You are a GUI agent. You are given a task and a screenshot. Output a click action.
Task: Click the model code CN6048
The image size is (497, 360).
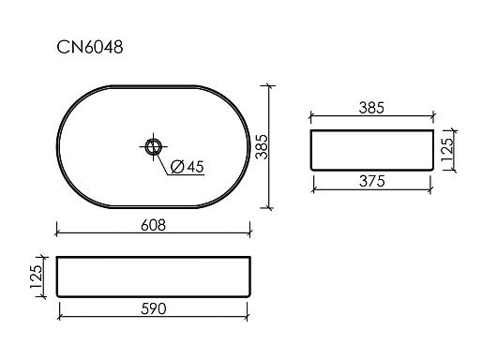tap(90, 48)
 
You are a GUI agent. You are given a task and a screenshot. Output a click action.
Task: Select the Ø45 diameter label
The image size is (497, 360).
tap(188, 167)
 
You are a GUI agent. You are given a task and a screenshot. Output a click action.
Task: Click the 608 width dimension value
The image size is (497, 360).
tap(153, 225)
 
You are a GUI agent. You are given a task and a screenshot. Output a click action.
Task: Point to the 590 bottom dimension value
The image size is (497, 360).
tap(154, 309)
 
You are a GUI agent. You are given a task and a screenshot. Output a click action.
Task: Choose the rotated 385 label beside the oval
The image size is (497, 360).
tap(263, 147)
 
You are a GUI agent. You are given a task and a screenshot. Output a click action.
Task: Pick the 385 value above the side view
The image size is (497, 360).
tap(371, 108)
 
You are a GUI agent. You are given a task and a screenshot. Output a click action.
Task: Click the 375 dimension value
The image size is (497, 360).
tap(372, 181)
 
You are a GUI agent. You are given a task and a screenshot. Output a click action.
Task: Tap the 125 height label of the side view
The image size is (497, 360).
tap(448, 150)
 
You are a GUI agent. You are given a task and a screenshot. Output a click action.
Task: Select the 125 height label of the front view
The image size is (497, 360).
tap(36, 277)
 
